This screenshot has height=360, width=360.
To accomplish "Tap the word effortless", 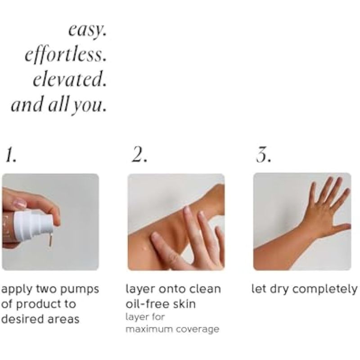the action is pyautogui.click(x=66, y=54).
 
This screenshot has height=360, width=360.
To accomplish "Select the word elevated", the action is pyautogui.click(x=70, y=79).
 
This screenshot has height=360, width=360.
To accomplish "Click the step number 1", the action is pyautogui.click(x=11, y=154).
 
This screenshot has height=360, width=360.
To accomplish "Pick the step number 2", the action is pyautogui.click(x=139, y=154).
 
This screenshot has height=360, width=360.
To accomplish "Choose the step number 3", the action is pyautogui.click(x=263, y=154).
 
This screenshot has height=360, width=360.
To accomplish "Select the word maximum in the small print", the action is pyautogui.click(x=149, y=329).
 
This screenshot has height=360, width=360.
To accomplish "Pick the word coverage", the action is pyautogui.click(x=198, y=330).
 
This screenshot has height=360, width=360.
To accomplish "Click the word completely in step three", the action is pyautogui.click(x=325, y=289).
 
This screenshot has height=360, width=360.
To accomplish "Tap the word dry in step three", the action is pyautogui.click(x=279, y=289).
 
